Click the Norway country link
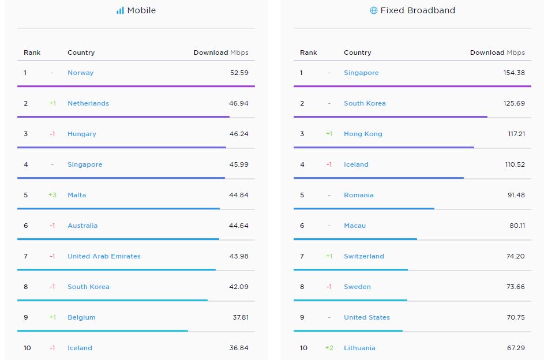pos(80,73)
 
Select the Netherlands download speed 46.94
pos(238,103)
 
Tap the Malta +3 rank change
pos(52,195)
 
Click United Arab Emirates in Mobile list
pos(104,256)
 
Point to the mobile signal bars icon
pos(120,10)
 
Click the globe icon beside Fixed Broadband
pos(374,10)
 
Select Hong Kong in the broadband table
pos(363,134)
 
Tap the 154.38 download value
pos(514,73)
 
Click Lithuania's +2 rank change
pos(329,348)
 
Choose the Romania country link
pos(359,195)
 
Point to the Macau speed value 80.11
pos(517,226)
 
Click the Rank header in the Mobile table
pos(32,52)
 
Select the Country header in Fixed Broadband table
pos(358,52)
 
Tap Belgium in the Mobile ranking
pos(81,317)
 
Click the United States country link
pos(367,317)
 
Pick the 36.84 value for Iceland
pos(238,348)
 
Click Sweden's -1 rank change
pos(329,287)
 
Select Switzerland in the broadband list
pos(364,256)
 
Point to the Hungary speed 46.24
pos(238,134)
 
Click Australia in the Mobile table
pos(82,226)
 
